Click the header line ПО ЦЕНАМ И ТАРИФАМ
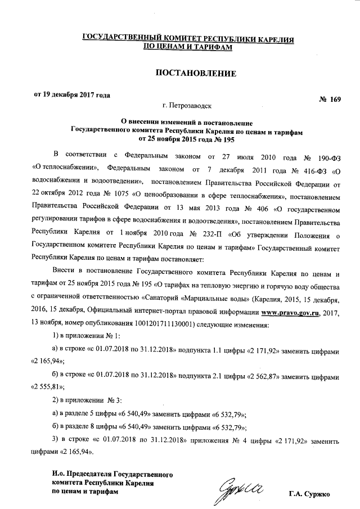187,48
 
